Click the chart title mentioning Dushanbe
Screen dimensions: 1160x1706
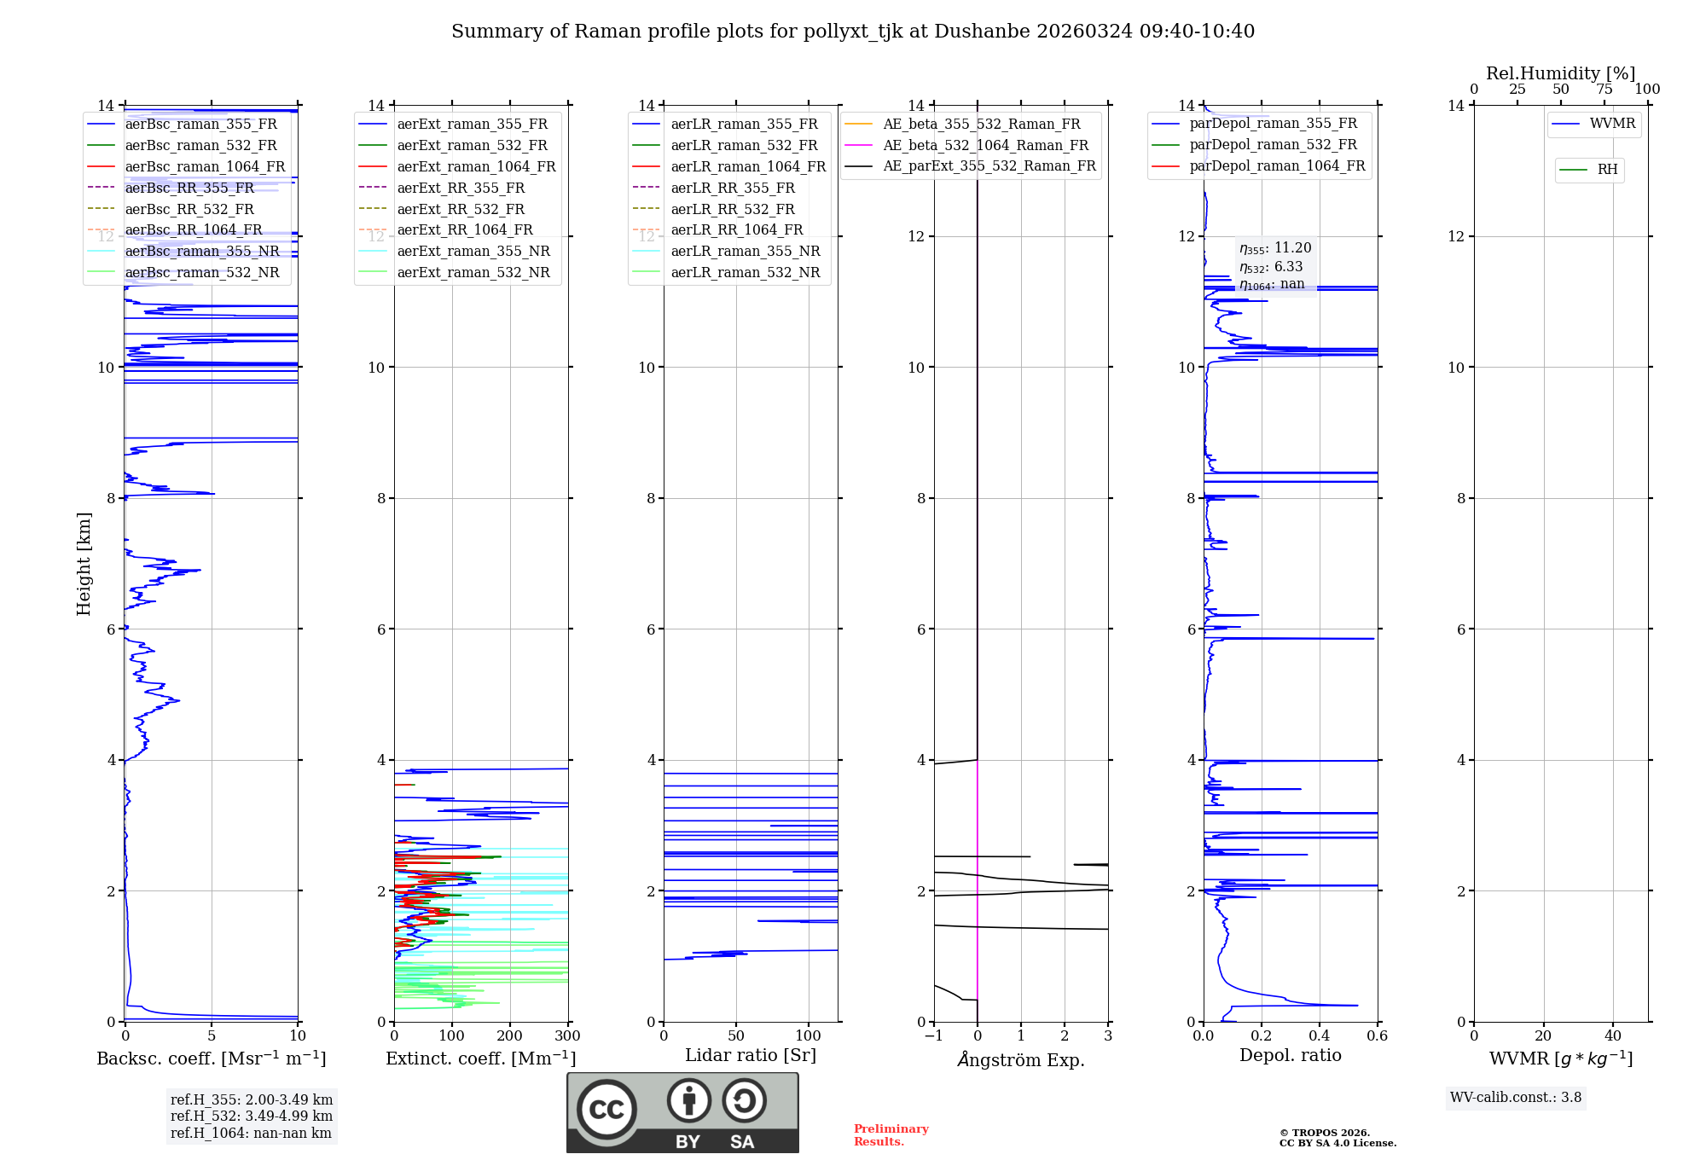pyautogui.click(x=853, y=32)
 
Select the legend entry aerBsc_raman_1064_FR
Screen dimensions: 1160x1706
pyautogui.click(x=205, y=167)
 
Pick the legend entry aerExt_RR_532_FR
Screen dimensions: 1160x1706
pyautogui.click(x=461, y=209)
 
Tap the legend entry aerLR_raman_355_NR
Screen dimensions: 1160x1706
pyautogui.click(x=745, y=252)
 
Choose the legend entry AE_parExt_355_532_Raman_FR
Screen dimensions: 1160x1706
pyautogui.click(x=989, y=166)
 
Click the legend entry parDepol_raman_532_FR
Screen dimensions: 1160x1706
pyautogui.click(x=1273, y=145)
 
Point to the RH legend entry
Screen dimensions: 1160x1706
pyautogui.click(x=1607, y=170)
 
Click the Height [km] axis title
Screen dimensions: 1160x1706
pyautogui.click(x=84, y=564)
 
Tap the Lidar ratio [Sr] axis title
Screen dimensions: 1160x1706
pyautogui.click(x=751, y=1056)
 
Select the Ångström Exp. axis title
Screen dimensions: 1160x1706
pyautogui.click(x=1021, y=1060)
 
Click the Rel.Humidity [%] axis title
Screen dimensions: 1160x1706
pyautogui.click(x=1560, y=73)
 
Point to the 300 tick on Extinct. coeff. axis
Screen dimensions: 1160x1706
pyautogui.click(x=567, y=1036)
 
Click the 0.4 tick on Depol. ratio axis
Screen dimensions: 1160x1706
pyautogui.click(x=1320, y=1036)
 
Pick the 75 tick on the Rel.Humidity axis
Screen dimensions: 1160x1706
pyautogui.click(x=1604, y=90)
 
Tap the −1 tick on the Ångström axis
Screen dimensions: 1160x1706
pyautogui.click(x=934, y=1036)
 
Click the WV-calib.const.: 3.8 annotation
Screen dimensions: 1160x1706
pyautogui.click(x=1515, y=1098)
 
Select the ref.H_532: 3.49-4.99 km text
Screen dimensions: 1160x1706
pyautogui.click(x=252, y=1116)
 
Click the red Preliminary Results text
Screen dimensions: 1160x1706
pyautogui.click(x=891, y=1135)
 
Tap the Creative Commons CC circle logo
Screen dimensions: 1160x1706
pyautogui.click(x=606, y=1110)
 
